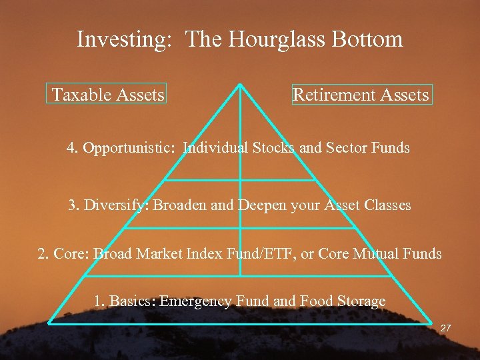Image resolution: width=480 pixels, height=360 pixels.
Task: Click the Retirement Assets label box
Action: tap(361, 95)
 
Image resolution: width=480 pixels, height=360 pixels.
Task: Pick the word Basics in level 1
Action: tap(131, 301)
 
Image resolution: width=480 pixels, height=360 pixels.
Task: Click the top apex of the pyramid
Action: tap(240, 84)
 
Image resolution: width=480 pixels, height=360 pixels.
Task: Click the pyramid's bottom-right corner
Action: tap(431, 323)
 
